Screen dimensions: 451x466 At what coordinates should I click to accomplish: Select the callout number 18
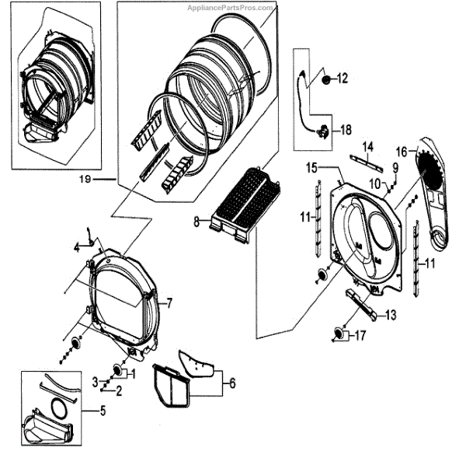[346, 131]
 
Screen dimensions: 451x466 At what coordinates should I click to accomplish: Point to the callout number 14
[367, 146]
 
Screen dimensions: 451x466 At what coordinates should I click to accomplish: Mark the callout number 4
[76, 248]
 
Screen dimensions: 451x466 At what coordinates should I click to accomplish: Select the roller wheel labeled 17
[339, 334]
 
